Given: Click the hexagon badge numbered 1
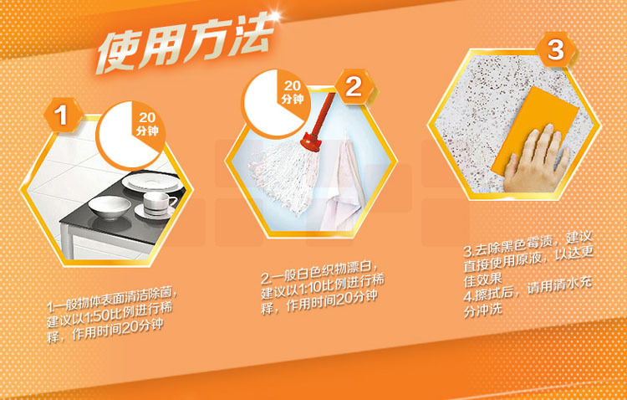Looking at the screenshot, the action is point(62,115).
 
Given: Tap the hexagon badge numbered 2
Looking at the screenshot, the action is point(354,87).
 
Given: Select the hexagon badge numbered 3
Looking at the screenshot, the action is point(556,50).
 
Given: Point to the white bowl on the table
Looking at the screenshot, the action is point(110,207).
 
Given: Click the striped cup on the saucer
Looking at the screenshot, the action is point(158,203).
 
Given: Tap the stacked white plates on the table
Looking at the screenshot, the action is point(153,182).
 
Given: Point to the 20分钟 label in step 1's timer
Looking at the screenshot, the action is point(147,124).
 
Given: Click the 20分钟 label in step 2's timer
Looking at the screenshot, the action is point(292,93).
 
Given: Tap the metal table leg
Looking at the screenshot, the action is point(67,241).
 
